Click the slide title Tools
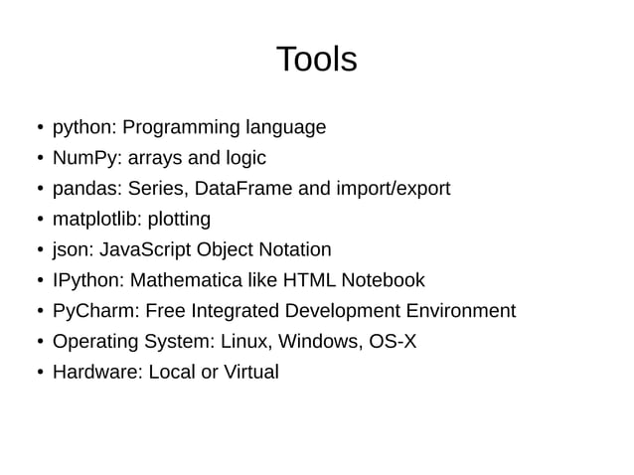coord(316,60)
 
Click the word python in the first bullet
coord(84,128)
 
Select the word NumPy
coord(83,158)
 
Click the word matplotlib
coord(94,219)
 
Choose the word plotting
coord(178,220)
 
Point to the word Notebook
coord(383,280)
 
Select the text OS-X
coord(393,342)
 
